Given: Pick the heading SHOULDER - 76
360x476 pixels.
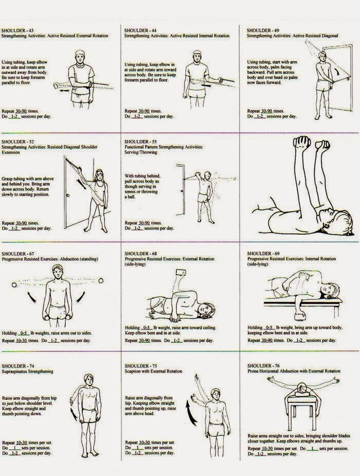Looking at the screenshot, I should (262, 365).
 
